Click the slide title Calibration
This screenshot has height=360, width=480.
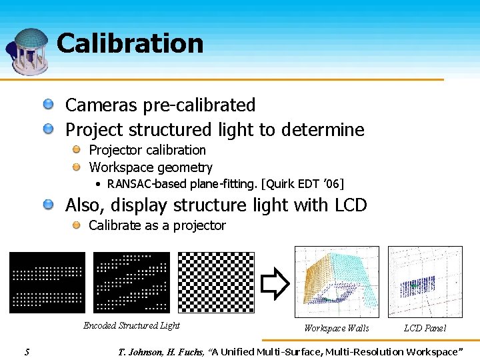click(130, 43)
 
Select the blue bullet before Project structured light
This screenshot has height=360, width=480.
click(49, 129)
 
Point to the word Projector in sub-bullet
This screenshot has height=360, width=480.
click(115, 150)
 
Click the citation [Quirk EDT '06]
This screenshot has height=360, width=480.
click(301, 184)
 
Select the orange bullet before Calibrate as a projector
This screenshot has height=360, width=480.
click(77, 225)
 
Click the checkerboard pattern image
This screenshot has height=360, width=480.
click(216, 282)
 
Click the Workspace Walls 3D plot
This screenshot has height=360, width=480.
click(337, 281)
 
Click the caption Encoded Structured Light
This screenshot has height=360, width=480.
click(131, 326)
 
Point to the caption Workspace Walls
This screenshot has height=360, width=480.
click(336, 328)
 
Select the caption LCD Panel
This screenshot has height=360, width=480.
click(425, 328)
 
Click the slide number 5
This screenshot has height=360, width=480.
click(26, 351)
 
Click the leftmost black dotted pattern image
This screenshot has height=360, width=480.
click(47, 282)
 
